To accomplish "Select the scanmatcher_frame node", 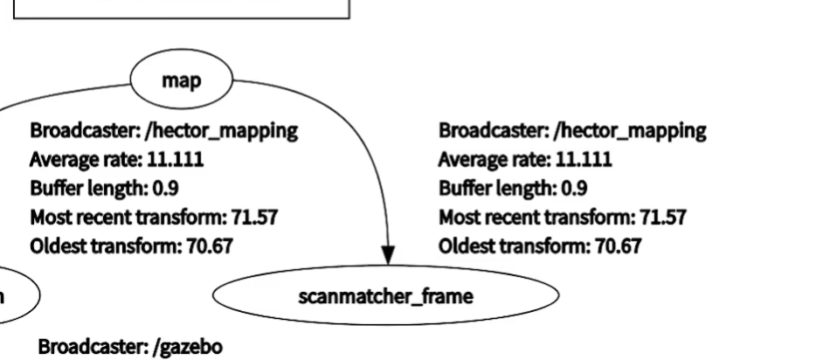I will (x=385, y=297).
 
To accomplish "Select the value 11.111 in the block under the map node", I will (x=183, y=161).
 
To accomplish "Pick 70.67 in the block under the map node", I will (x=209, y=246).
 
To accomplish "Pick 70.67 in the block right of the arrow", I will (x=617, y=246).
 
